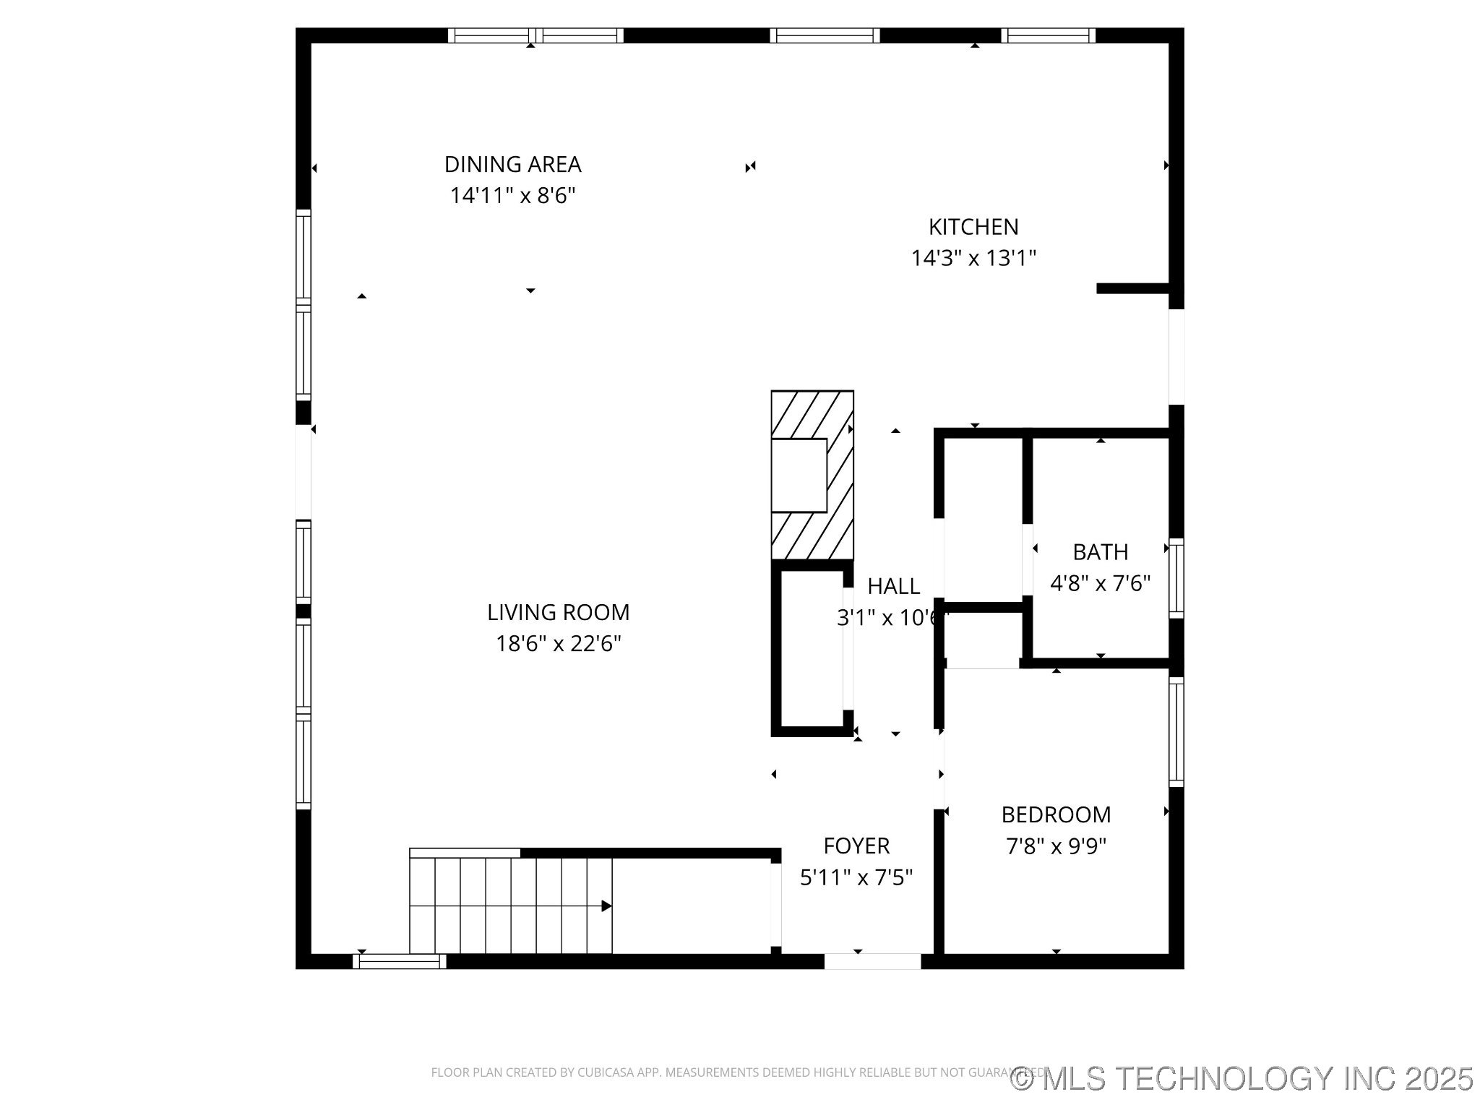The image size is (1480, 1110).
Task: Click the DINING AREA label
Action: (x=512, y=165)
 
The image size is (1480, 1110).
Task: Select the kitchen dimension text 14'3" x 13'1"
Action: (x=973, y=258)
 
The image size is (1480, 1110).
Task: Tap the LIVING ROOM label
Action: (x=558, y=612)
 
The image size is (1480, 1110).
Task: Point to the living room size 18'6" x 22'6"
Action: (x=558, y=643)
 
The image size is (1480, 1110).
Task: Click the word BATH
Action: (x=1100, y=552)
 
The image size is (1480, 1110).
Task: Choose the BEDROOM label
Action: (x=1056, y=814)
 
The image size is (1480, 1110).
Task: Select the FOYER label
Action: (x=856, y=846)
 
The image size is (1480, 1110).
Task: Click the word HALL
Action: (x=893, y=586)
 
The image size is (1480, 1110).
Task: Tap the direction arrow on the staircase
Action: (x=606, y=906)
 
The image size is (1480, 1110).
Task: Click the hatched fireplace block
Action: (x=812, y=475)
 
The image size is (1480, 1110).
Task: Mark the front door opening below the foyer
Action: (x=872, y=961)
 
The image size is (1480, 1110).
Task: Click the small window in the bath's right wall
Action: (x=1176, y=578)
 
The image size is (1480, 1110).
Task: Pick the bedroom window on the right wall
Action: (x=1176, y=732)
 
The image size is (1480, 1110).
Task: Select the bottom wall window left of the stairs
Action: (x=399, y=961)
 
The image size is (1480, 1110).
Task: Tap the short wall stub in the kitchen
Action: (x=1132, y=288)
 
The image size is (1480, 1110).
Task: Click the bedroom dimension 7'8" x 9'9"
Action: (x=1056, y=846)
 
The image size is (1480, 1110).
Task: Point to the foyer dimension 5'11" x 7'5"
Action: (x=856, y=877)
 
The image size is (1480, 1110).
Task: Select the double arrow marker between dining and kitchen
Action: (x=750, y=167)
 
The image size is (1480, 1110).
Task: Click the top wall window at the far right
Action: (x=1048, y=35)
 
